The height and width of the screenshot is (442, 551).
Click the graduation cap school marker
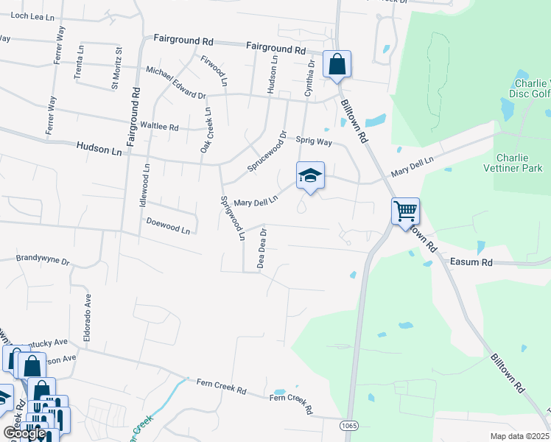click(310, 176)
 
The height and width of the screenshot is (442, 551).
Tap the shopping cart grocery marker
click(405, 212)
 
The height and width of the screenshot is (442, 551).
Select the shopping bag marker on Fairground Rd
click(337, 64)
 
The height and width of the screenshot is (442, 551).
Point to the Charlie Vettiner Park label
click(519, 163)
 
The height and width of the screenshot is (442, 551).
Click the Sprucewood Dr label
click(267, 152)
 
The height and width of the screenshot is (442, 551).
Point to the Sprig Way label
click(314, 140)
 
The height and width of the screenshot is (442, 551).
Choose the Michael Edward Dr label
click(175, 83)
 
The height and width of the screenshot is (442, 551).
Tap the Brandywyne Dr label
click(43, 261)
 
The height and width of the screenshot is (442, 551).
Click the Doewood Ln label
click(168, 225)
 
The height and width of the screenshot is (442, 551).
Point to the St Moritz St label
click(116, 68)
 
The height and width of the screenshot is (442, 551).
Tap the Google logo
click(24, 432)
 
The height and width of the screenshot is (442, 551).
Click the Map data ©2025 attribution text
click(519, 436)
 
